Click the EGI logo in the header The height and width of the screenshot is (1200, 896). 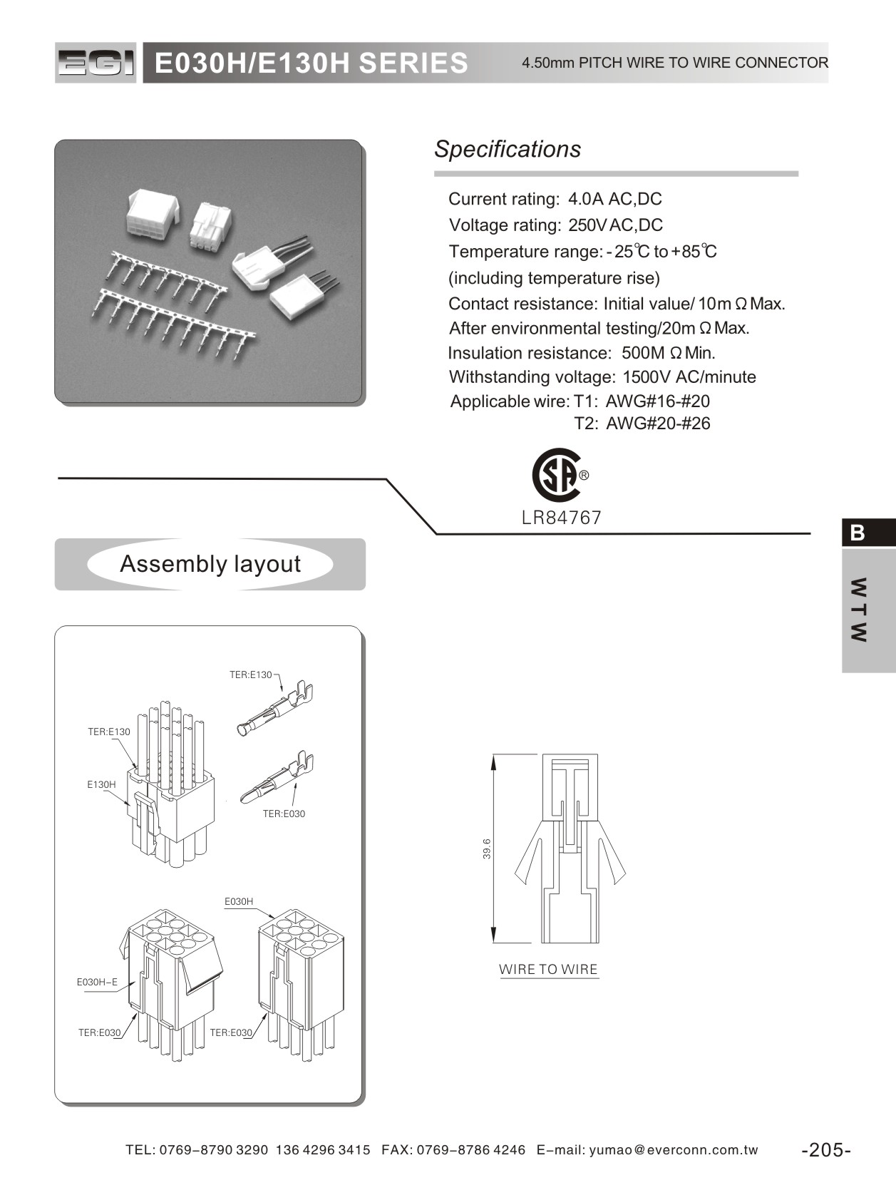[96, 63]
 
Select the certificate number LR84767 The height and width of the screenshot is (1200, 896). [562, 518]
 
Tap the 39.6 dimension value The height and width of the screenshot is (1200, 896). [487, 848]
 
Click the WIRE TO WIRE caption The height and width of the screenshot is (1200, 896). [548, 969]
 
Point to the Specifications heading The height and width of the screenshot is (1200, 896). [508, 149]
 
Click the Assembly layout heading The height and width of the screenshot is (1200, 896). [210, 564]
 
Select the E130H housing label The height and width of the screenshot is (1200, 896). [101, 784]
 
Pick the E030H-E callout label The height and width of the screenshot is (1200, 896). [97, 982]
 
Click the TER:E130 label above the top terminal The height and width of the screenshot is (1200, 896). [250, 675]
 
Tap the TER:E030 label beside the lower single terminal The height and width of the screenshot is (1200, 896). [284, 814]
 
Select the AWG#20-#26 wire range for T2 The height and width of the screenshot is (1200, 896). [658, 424]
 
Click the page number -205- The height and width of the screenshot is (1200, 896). [826, 1149]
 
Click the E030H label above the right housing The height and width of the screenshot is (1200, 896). [239, 901]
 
